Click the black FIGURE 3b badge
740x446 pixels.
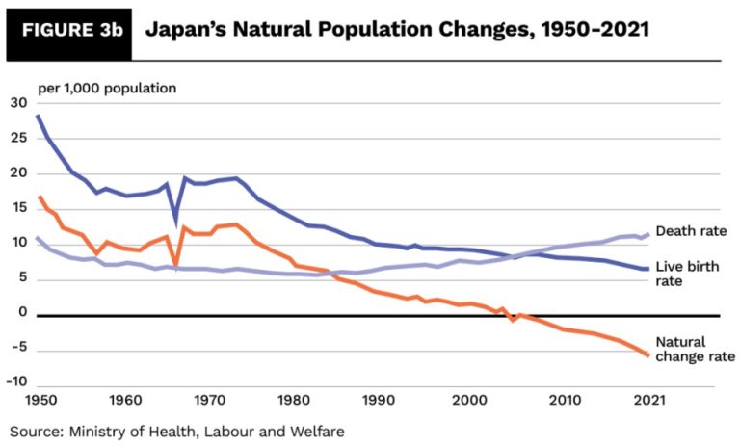coord(67,30)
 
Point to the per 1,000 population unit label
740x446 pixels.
coord(107,88)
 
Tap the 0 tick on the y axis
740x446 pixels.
coord(22,312)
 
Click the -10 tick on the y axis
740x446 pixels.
coord(16,381)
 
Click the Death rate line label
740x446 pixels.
coord(690,231)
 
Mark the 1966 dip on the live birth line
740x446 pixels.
coord(175,218)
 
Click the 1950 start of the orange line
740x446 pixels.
coord(40,197)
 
